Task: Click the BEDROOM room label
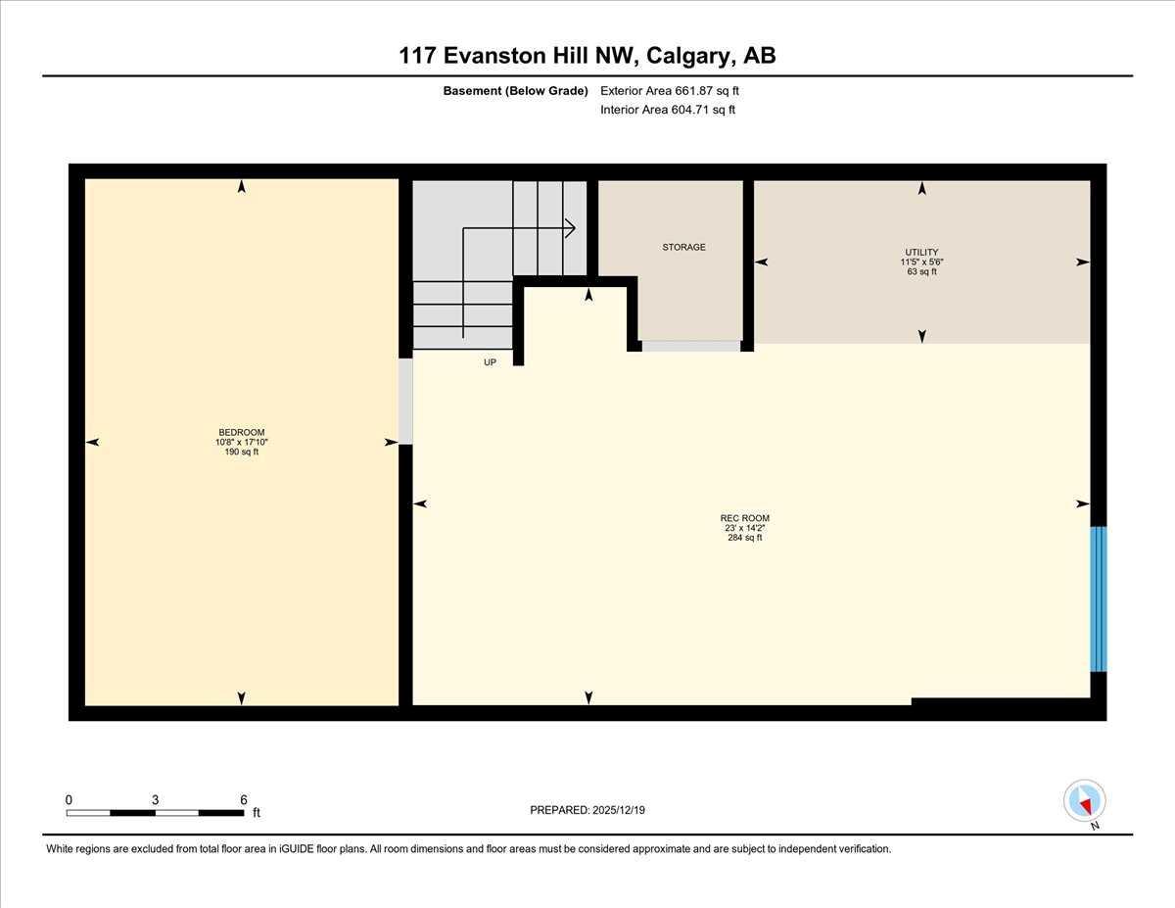241,432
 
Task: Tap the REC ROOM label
744,518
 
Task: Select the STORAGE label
683,247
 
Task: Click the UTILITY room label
920,252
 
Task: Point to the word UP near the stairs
491,362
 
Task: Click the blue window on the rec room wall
1098,598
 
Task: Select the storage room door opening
690,346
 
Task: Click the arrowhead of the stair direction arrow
569,228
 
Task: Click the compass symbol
1084,801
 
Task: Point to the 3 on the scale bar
155,799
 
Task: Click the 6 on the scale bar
243,799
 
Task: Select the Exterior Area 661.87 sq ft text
670,91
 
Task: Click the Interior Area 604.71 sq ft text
668,110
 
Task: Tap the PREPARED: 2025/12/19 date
587,810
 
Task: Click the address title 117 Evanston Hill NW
519,56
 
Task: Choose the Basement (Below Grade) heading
515,91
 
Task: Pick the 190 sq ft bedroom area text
241,452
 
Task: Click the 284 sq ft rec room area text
744,538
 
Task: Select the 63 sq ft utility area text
920,271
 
